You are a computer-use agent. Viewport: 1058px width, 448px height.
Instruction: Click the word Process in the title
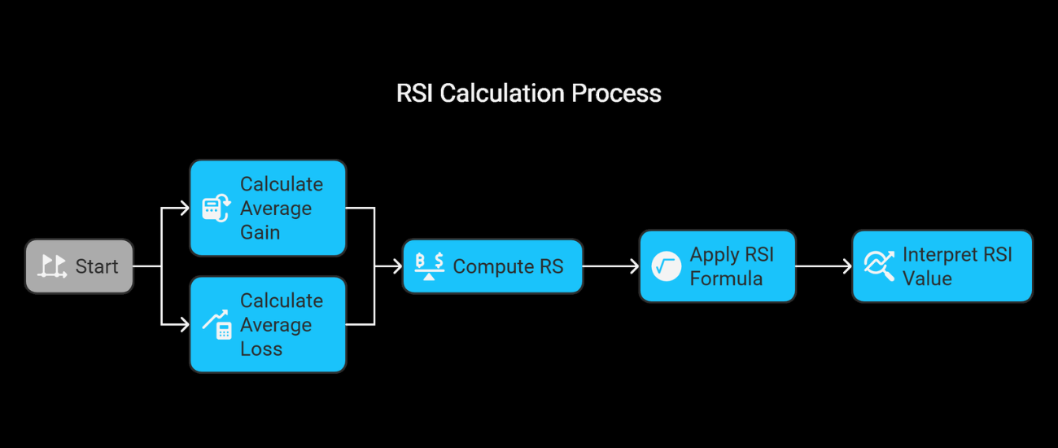616,93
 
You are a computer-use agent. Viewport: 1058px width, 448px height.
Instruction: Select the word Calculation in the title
502,93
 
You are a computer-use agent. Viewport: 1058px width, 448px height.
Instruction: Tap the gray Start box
80,266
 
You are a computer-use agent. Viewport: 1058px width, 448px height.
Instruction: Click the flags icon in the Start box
52,266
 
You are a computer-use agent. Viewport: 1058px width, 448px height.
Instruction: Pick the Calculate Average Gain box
269,209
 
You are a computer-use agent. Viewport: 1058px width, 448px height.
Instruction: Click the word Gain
260,232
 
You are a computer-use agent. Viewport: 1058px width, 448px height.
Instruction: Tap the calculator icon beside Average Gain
216,209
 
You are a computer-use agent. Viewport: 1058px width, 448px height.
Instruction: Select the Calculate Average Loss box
269,325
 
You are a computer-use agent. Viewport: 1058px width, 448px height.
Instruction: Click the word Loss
261,349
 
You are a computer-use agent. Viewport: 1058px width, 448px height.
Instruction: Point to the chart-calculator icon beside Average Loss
216,325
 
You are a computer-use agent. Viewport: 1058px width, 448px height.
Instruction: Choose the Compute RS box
492,266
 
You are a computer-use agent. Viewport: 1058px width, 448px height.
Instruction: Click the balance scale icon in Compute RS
430,266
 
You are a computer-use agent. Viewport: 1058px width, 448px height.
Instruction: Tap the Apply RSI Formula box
718,266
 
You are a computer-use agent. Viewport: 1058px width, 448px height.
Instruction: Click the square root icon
666,266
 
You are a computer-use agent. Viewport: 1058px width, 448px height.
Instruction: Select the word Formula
726,279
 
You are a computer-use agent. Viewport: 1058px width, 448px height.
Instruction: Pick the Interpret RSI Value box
942,266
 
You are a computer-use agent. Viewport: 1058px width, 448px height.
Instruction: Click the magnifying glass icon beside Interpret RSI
879,266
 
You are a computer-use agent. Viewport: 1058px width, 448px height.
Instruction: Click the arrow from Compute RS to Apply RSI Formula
611,266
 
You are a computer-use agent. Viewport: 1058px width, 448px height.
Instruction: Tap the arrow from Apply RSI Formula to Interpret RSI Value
824,266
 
